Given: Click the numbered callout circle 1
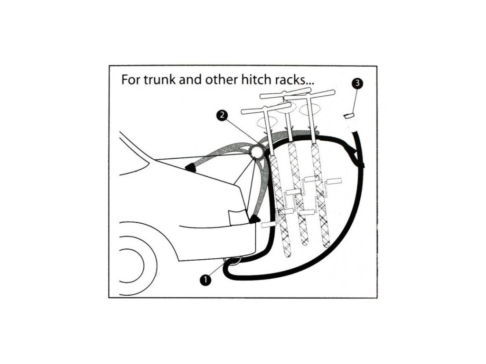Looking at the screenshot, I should click(205, 280).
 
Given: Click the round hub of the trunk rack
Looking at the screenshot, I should click(257, 152).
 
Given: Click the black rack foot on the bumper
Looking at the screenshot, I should click(255, 219).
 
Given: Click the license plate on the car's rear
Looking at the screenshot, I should click(237, 218).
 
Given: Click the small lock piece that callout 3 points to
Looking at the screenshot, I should click(349, 116).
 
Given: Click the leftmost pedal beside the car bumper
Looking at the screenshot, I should click(269, 223).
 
